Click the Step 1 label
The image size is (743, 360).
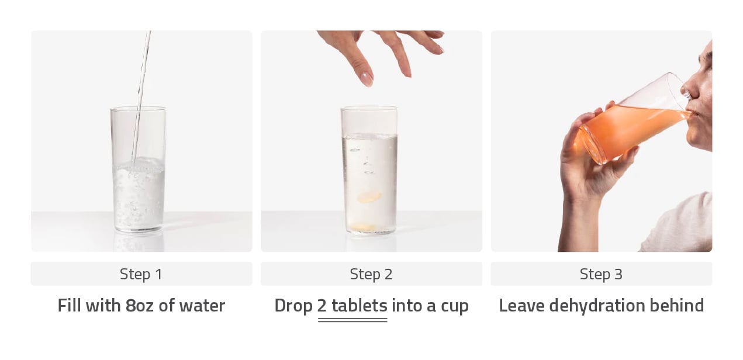(x=141, y=275)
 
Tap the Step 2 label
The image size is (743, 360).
(x=371, y=275)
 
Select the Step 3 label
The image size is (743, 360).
(x=601, y=275)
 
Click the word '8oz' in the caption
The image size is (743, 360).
(x=140, y=305)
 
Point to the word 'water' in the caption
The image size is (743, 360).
(x=202, y=305)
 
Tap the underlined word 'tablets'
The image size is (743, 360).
(x=360, y=305)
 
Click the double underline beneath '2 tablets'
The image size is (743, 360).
(x=353, y=320)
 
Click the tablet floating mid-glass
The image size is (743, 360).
(x=369, y=196)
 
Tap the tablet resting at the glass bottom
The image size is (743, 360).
(x=364, y=228)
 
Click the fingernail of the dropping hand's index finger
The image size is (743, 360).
(x=367, y=79)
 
